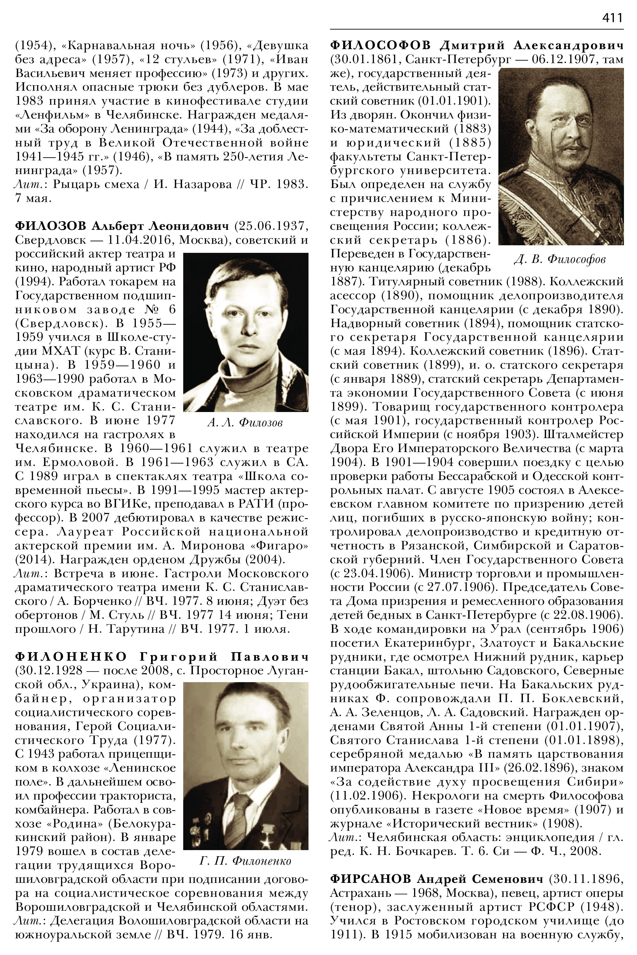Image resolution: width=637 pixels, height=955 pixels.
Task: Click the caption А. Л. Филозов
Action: click(244, 423)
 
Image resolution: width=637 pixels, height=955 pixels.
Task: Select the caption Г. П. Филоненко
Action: click(245, 861)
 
